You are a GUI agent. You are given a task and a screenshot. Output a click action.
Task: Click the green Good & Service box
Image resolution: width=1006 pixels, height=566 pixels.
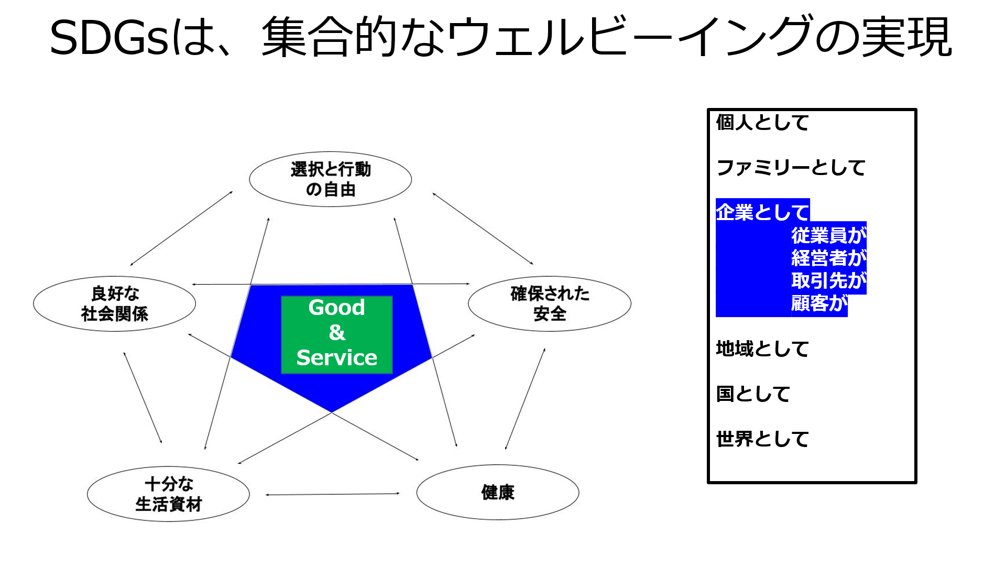click(337, 334)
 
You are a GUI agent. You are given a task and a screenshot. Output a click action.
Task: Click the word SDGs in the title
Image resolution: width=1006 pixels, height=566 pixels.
click(108, 38)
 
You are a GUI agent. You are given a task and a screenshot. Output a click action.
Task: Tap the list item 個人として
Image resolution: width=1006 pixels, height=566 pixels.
click(762, 122)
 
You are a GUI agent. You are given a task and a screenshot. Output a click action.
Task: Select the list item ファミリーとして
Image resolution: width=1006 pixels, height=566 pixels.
click(791, 168)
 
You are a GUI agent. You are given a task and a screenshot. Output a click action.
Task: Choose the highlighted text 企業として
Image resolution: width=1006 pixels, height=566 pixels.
click(762, 212)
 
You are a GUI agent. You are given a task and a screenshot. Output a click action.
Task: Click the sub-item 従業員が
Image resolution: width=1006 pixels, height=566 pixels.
click(829, 235)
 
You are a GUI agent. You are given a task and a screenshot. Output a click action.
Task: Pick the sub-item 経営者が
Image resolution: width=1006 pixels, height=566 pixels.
click(829, 258)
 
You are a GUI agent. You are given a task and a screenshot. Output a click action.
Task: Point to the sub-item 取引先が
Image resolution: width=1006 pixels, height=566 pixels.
click(829, 280)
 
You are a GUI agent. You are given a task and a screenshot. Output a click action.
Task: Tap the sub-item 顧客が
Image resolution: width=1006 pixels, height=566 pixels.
click(819, 303)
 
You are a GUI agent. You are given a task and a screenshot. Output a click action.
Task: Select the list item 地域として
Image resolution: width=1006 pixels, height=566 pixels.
click(762, 349)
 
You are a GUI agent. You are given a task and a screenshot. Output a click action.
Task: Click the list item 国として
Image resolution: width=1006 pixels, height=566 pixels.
click(753, 394)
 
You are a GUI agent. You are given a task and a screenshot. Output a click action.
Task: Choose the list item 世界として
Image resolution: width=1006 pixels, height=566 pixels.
click(762, 439)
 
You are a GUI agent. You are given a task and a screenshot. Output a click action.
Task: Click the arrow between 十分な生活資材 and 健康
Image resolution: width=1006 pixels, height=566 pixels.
click(333, 494)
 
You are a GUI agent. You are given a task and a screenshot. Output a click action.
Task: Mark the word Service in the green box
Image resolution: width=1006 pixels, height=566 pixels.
click(337, 357)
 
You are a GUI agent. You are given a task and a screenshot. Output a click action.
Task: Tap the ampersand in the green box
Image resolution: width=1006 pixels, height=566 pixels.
click(337, 333)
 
